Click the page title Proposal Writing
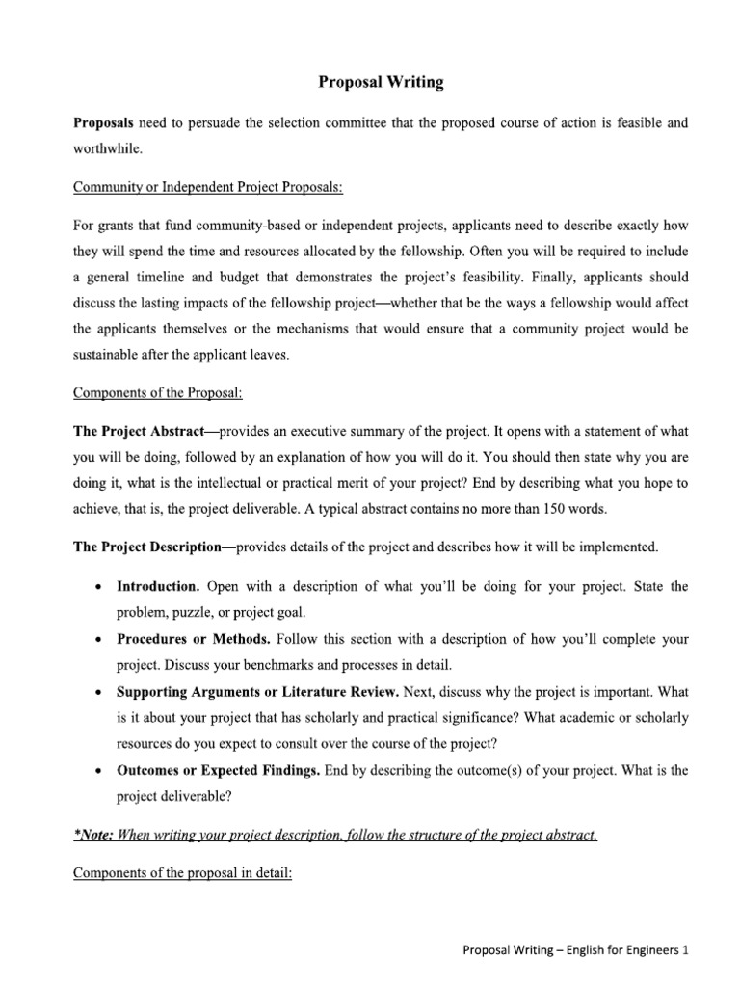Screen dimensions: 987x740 [x=381, y=83]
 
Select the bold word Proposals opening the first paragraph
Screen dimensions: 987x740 [x=104, y=124]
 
